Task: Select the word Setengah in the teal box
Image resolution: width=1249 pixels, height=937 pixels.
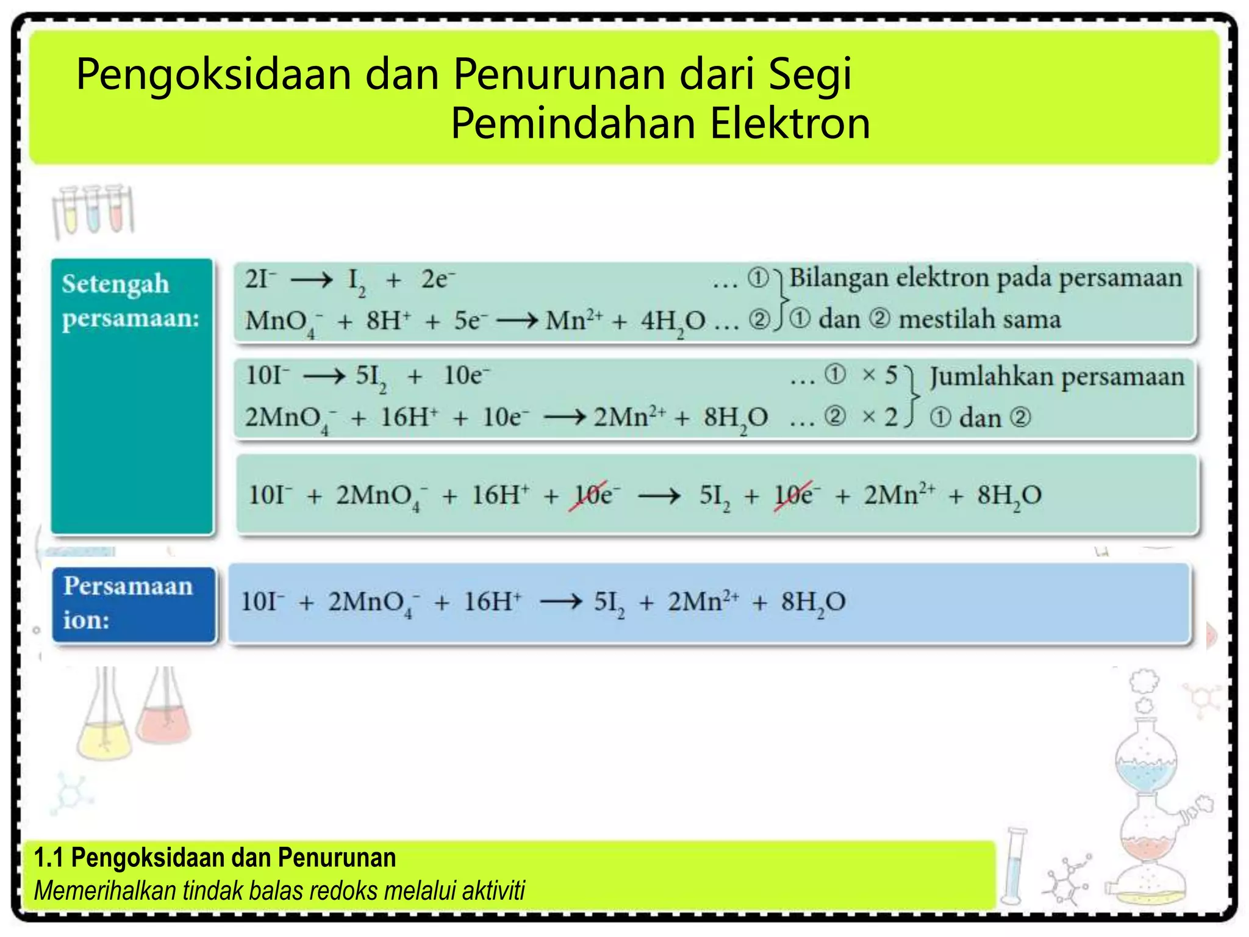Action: [115, 284]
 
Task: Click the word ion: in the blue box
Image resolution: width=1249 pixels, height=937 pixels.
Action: [86, 620]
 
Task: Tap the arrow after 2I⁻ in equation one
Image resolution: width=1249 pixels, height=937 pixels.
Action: [312, 281]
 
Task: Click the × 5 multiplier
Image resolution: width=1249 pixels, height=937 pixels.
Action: [879, 375]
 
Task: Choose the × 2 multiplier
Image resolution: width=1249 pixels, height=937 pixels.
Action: [879, 417]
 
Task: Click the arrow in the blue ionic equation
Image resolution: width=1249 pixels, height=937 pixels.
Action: [560, 603]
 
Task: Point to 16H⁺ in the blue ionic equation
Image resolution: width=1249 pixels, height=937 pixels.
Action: [492, 603]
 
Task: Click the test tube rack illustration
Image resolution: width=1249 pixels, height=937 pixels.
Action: [93, 211]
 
